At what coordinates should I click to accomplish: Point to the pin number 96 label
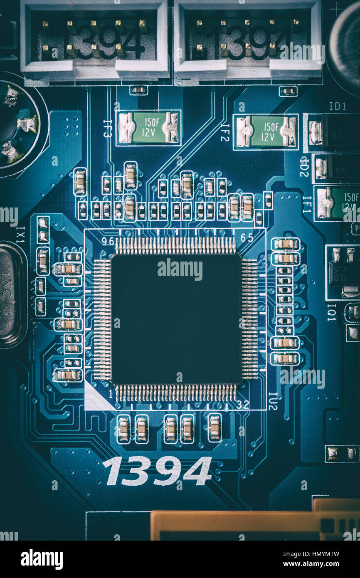108,241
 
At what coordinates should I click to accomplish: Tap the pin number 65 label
247,238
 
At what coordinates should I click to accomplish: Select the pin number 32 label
243,404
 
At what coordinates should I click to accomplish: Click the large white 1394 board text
157,471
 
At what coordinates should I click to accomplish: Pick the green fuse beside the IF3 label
148,128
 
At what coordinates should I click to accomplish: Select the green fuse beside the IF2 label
266,131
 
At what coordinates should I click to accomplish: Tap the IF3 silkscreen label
107,128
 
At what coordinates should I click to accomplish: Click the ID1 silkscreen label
337,106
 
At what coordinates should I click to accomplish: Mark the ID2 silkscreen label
304,166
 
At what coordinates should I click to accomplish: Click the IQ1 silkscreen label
331,312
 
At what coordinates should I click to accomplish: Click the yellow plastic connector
254,525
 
